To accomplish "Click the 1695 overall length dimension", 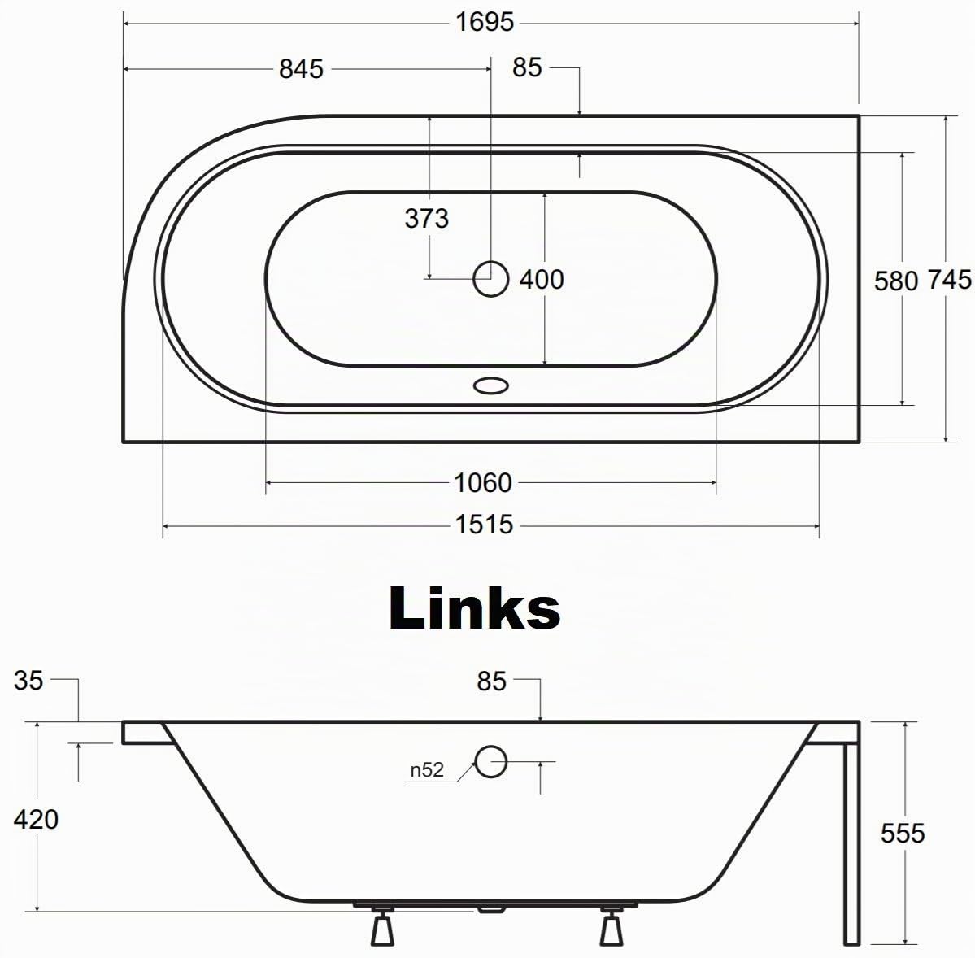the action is click(485, 23).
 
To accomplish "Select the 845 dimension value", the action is click(301, 69).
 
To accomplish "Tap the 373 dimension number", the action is click(427, 218).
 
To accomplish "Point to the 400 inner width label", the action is click(542, 279).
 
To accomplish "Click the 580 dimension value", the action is click(896, 281).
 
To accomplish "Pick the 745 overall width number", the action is click(950, 280).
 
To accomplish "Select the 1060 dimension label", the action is click(483, 483).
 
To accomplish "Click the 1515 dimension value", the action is click(485, 525).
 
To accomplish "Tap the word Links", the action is click(474, 608).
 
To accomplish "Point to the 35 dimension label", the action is click(28, 681).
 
